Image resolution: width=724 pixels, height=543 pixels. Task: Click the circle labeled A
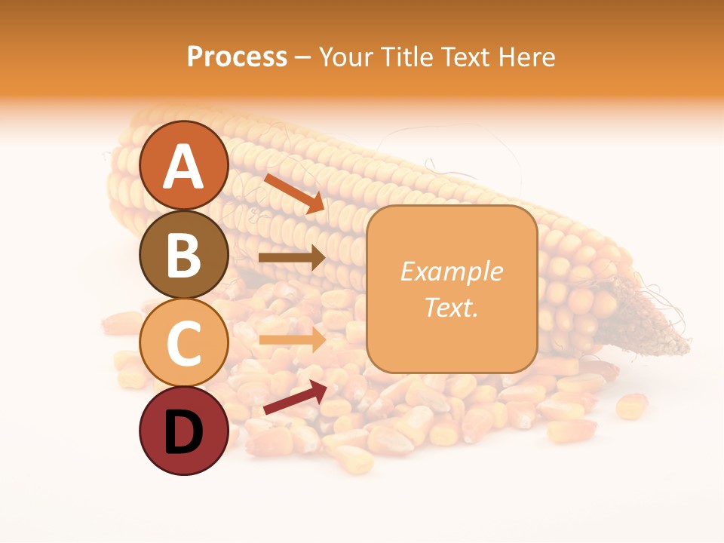pyautogui.click(x=183, y=165)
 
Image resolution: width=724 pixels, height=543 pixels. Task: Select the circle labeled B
pyautogui.click(x=183, y=254)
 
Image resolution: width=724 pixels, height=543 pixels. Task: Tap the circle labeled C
pyautogui.click(x=183, y=342)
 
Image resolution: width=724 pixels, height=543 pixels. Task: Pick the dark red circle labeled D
pyautogui.click(x=183, y=431)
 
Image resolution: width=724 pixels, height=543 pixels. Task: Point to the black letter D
pyautogui.click(x=183, y=432)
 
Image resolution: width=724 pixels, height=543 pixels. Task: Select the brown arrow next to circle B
pyautogui.click(x=292, y=257)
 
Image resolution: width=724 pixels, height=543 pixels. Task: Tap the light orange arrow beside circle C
pyautogui.click(x=292, y=339)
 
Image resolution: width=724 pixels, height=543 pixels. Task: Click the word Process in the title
pyautogui.click(x=237, y=57)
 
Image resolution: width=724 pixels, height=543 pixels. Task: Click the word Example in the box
pyautogui.click(x=451, y=271)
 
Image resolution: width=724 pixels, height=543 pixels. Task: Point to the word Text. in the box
pyautogui.click(x=451, y=308)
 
